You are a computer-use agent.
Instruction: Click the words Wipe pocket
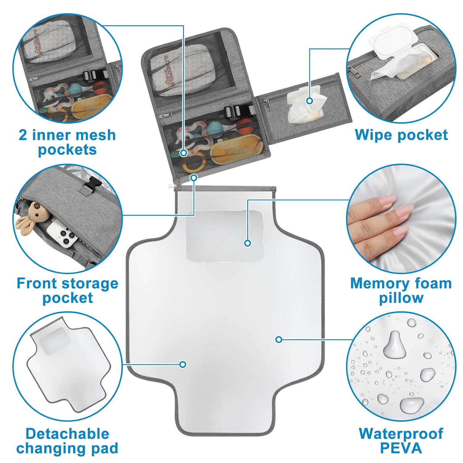pos(401,135)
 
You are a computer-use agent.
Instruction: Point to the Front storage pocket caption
pos(67,290)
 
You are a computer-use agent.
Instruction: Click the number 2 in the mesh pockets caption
pos(23,136)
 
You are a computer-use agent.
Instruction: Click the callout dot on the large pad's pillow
pos(247,243)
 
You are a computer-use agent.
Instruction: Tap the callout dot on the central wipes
pos(310,101)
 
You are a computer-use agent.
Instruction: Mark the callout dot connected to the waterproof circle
pos(279,340)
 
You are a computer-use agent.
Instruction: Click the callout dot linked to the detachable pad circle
pos(183,365)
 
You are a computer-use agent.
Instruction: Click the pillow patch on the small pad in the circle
pos(54,341)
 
